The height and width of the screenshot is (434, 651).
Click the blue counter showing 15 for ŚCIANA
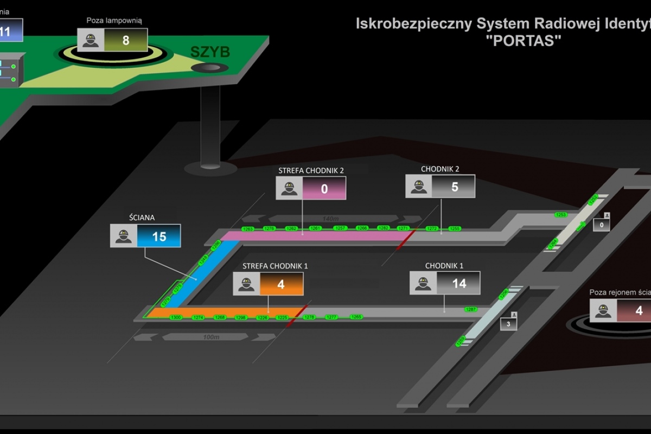159,237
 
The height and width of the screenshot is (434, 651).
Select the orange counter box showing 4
281,284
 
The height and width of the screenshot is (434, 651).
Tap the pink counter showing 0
324,188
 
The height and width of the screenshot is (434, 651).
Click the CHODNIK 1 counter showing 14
459,283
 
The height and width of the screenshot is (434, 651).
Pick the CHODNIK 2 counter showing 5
455,187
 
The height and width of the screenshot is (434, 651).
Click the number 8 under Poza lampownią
126,40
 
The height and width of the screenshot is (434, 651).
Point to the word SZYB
210,52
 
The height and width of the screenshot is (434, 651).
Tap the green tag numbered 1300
176,317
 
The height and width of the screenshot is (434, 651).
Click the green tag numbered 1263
248,229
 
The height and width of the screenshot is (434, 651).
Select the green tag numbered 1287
471,309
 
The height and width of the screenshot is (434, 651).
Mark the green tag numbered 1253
561,215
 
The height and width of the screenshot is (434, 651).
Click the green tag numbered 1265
356,316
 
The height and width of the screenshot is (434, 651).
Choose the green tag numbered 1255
455,228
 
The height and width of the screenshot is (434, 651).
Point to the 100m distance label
211,337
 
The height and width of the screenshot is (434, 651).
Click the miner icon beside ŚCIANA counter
124,237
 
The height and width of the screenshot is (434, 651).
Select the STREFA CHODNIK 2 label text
311,170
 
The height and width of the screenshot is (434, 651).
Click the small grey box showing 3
508,324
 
